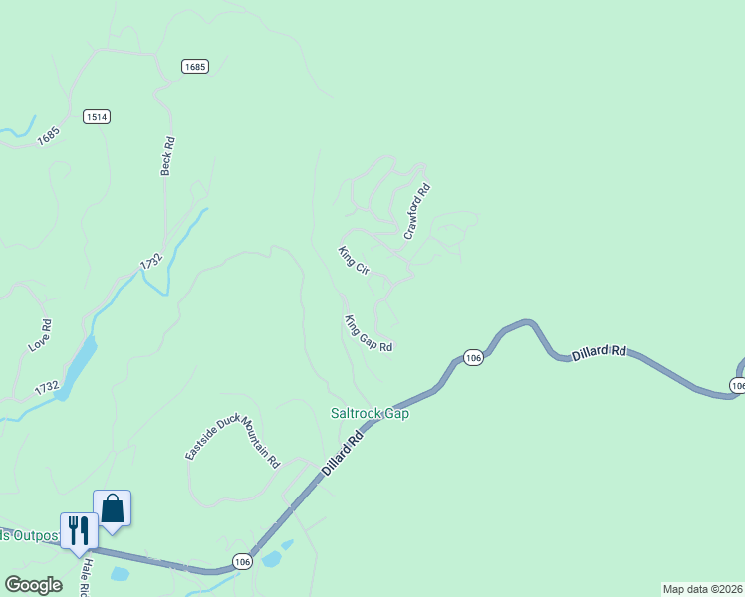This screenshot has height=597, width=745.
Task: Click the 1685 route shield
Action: [x=195, y=66]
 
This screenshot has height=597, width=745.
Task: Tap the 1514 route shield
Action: [x=97, y=116]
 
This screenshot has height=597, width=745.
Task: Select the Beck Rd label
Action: [x=168, y=157]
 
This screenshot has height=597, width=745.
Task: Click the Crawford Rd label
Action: [x=417, y=211]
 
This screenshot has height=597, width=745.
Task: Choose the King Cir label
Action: [x=354, y=261]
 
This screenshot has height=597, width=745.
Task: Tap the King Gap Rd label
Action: [x=369, y=334]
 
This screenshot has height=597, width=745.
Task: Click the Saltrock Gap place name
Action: [x=371, y=413]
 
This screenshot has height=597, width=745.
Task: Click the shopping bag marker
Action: [x=112, y=508]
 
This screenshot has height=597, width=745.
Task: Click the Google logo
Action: [x=33, y=585]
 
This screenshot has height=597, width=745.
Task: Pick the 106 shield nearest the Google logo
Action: [x=241, y=561]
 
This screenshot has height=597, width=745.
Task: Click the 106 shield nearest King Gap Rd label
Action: [x=473, y=357]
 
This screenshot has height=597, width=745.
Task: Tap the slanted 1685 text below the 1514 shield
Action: [x=49, y=135]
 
